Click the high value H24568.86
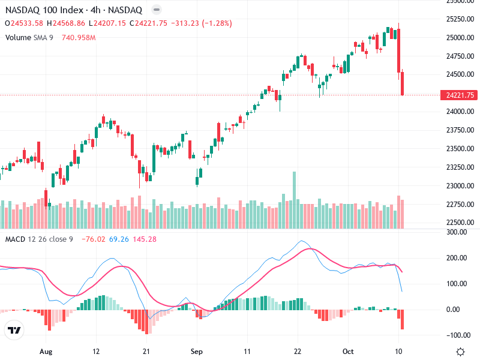pyautogui.click(x=68, y=23)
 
